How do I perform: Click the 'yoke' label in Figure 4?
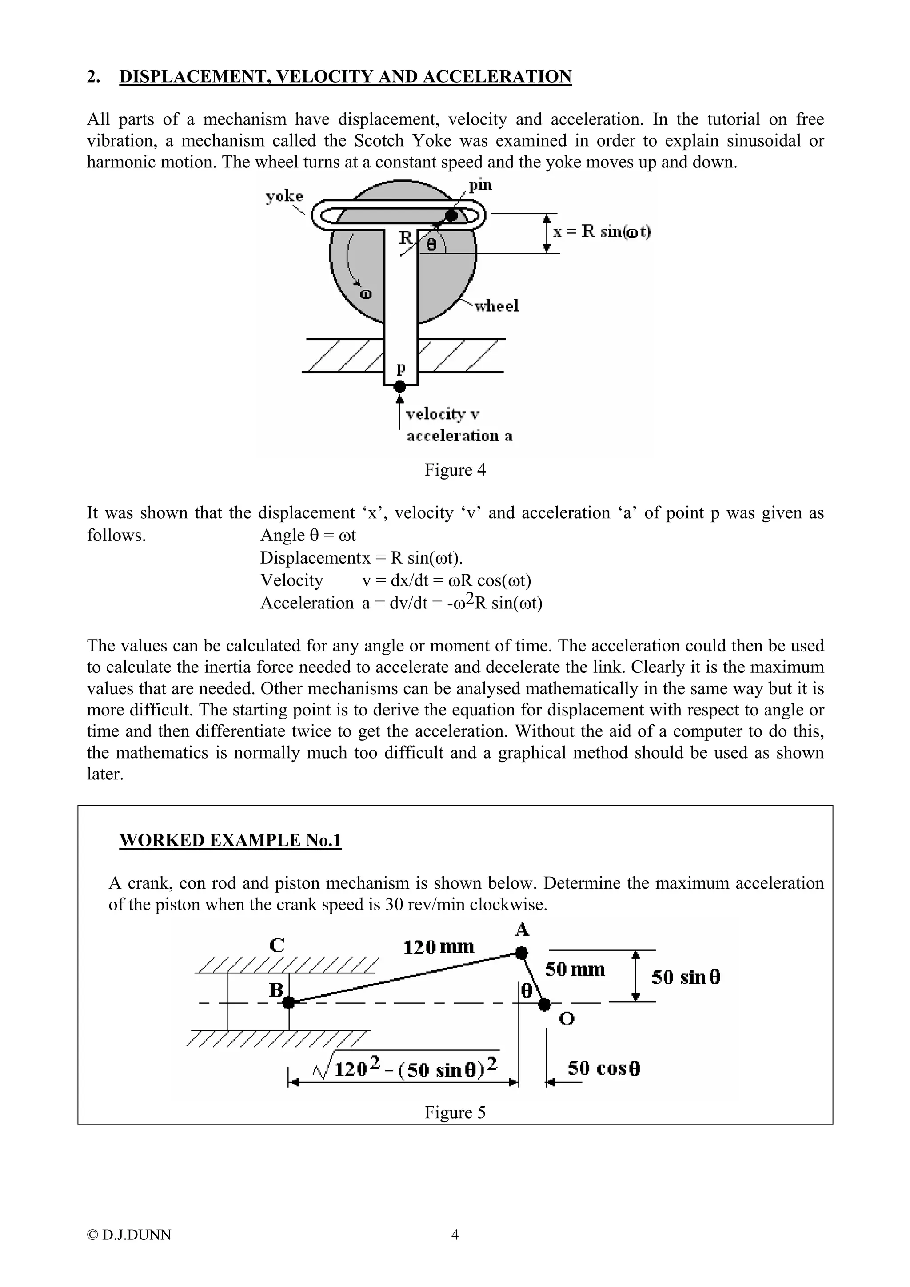(284, 196)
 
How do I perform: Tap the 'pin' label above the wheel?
(480, 185)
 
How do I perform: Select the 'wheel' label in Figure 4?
(496, 306)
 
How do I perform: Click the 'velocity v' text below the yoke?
(443, 414)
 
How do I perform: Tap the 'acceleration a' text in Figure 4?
(459, 436)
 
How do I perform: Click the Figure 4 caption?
(455, 470)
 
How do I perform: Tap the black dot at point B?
(289, 1002)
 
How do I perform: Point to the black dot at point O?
(544, 1004)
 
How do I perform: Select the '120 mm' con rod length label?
(439, 948)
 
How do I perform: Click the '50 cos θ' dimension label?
(604, 1069)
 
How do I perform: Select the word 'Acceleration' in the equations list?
(307, 603)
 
